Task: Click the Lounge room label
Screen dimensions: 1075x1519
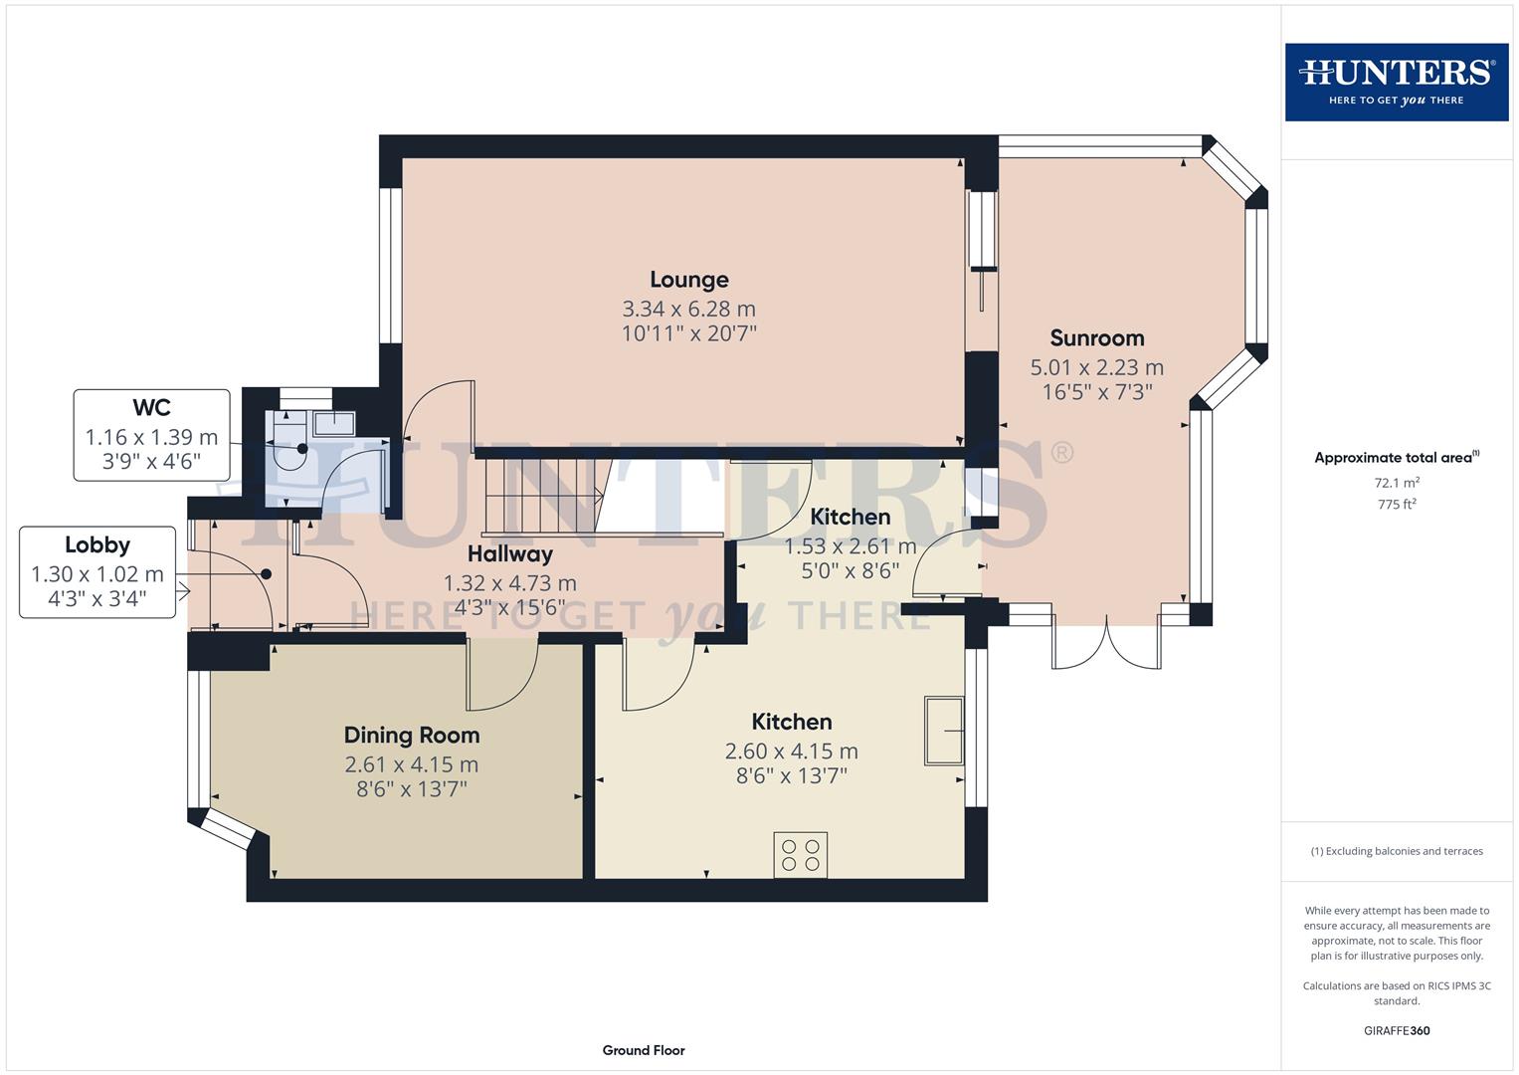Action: coord(688,280)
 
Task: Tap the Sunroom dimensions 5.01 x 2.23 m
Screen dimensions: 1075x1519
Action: coord(1096,367)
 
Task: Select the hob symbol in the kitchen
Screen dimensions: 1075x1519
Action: coord(800,855)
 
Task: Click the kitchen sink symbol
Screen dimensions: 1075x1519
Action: coord(943,732)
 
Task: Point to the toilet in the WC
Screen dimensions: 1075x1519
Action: coord(291,454)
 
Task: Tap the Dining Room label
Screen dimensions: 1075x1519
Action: coord(411,736)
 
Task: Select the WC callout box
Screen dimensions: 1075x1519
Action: coord(151,435)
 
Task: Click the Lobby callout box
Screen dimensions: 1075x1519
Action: coord(97,573)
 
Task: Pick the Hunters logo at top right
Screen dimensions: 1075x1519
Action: coord(1396,83)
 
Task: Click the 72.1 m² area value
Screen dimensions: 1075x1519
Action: coord(1396,483)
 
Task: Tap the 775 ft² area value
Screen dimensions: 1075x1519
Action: coord(1396,505)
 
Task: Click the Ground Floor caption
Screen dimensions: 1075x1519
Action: coord(643,1050)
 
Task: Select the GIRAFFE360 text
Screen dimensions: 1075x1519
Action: coord(1396,1030)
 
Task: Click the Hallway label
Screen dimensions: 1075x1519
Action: coord(509,554)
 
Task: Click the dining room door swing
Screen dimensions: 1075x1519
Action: coord(502,677)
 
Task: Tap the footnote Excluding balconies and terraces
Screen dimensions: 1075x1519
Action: coord(1396,851)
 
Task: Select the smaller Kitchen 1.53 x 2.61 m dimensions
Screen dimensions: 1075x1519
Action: coord(850,546)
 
